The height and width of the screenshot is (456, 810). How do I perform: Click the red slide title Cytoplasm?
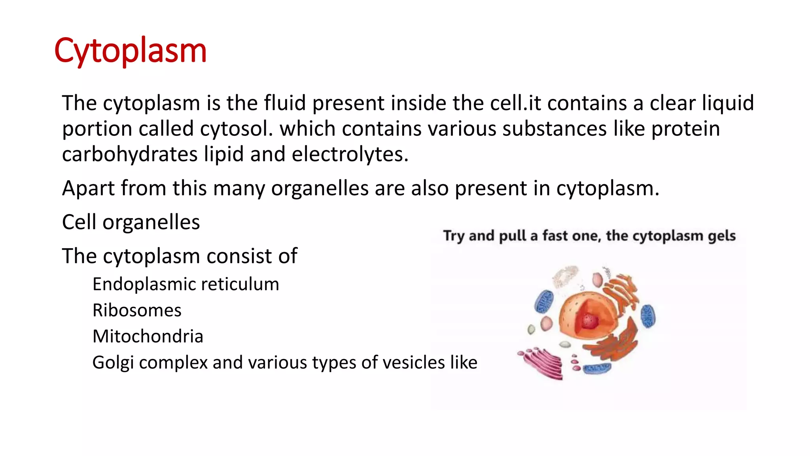click(130, 51)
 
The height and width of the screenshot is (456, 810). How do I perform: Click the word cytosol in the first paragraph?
click(236, 129)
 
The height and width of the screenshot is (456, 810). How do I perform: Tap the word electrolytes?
click(350, 154)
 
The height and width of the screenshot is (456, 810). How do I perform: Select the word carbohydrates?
click(129, 154)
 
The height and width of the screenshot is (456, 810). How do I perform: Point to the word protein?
click(685, 129)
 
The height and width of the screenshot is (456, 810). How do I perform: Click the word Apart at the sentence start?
click(88, 188)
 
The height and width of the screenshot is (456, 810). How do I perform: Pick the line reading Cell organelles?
click(131, 222)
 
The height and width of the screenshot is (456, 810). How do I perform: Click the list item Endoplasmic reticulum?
click(185, 284)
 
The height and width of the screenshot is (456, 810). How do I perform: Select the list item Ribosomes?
click(137, 310)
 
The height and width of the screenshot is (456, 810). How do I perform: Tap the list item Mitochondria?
click(148, 336)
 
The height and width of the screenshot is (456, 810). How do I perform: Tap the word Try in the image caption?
click(454, 236)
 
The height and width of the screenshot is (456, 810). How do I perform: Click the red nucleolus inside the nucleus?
click(589, 321)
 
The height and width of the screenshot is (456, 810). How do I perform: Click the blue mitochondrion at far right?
click(648, 316)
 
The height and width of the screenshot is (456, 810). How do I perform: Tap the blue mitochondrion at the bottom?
click(597, 369)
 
